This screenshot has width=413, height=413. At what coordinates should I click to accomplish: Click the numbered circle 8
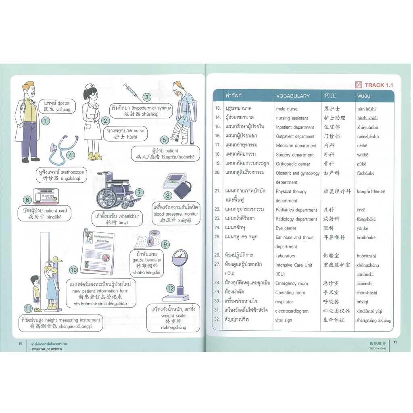(167, 196)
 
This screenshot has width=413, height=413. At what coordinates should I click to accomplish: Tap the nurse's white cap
(91, 86)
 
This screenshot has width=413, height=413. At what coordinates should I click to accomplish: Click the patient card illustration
(46, 196)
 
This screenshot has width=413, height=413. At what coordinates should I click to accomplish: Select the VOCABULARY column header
(293, 96)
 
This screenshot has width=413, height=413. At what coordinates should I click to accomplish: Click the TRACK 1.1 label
(378, 85)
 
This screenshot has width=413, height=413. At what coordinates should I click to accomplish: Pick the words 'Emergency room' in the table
(291, 284)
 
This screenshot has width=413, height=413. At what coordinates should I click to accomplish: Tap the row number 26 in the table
(217, 256)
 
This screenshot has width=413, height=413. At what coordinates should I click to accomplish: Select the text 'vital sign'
(284, 320)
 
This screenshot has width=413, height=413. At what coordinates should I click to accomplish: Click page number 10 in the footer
(20, 344)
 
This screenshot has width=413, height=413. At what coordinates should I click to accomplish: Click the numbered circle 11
(27, 309)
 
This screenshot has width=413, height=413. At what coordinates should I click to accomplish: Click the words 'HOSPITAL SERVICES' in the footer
(46, 349)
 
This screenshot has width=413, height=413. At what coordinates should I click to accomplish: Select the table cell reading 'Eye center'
(286, 228)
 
